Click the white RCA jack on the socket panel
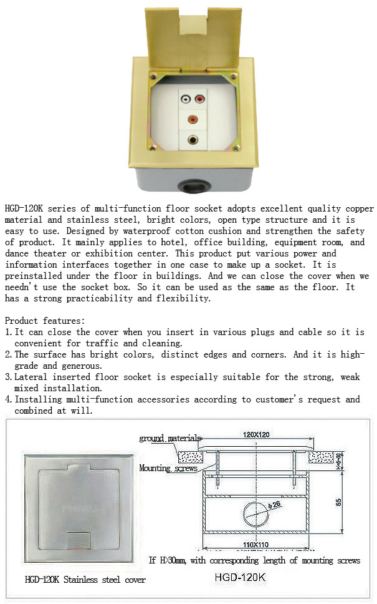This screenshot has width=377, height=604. (185, 98)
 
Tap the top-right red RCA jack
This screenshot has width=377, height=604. (199, 98)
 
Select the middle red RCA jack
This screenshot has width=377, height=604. (192, 119)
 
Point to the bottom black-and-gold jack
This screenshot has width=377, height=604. (192, 140)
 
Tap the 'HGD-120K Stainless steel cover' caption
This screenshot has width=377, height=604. (85, 580)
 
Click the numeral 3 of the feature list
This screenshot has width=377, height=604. (7, 377)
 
